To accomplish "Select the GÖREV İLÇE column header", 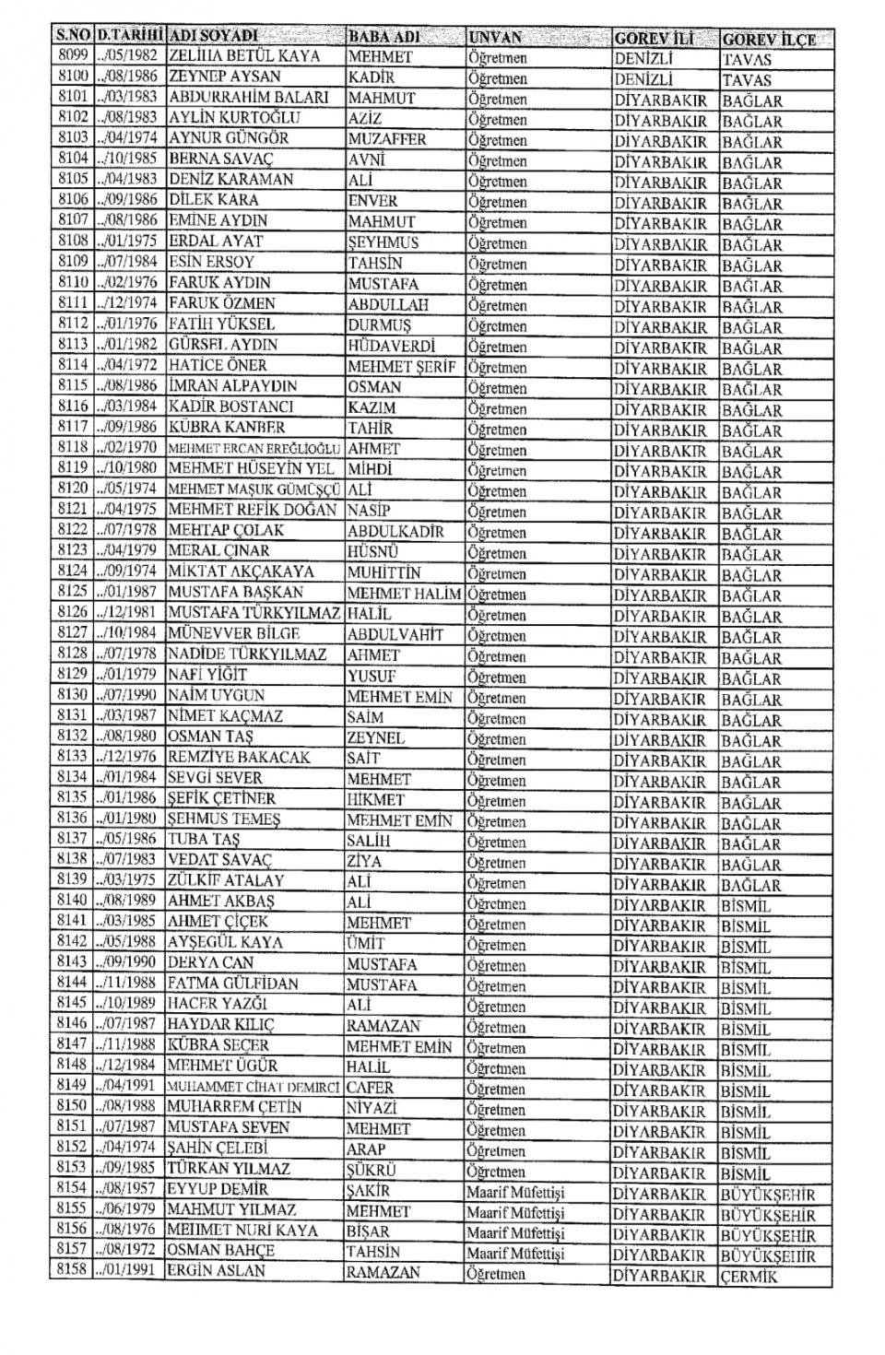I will pos(768,40).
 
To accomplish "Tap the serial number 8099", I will pos(71,55).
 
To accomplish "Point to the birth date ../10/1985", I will pos(128,159).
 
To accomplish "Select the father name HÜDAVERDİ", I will pos(392,345).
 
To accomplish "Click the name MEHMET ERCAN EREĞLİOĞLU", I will pos(255,448).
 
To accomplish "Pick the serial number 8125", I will pos(71,592).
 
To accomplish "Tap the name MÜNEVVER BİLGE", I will pos(234,633).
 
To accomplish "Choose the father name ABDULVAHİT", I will pos(395,634).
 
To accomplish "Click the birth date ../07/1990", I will pos(128,695).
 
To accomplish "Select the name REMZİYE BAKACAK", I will pos(239,757).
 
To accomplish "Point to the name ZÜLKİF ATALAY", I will pos(226,880).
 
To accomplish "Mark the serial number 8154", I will pos(71,1189).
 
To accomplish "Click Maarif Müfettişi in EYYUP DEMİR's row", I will pos(514,1192).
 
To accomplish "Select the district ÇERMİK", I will pos(750,1277).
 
